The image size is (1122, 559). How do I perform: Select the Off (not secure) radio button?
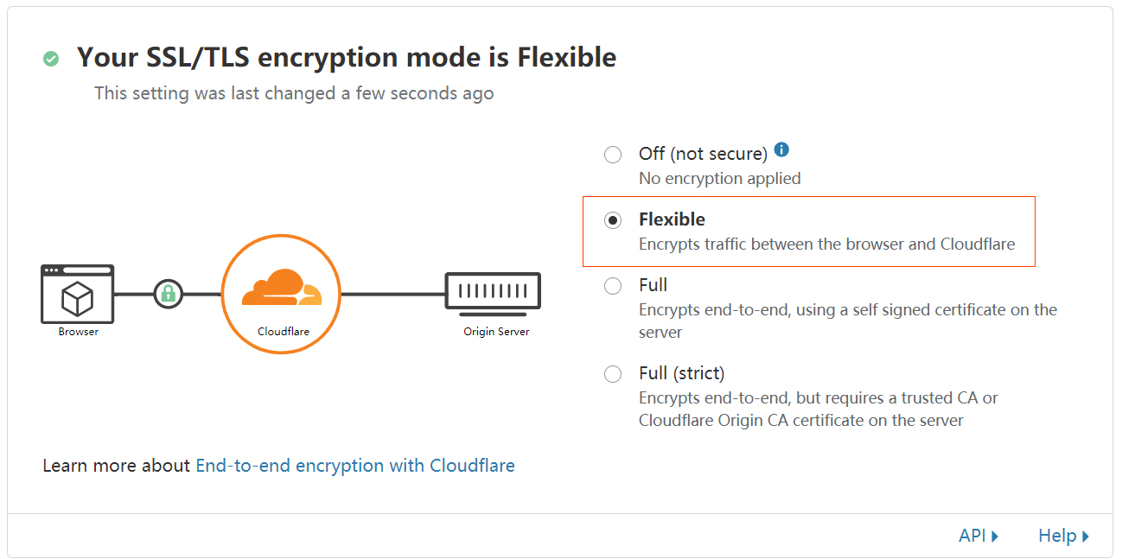click(x=613, y=155)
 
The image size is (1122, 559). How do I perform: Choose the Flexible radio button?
click(x=613, y=220)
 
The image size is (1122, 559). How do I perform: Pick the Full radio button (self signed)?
click(x=613, y=286)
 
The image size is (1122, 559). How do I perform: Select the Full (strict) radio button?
click(x=613, y=374)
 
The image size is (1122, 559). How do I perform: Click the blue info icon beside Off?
click(x=781, y=149)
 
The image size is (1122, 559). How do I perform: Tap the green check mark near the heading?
click(x=51, y=59)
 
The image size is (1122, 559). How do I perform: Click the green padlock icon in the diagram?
click(x=168, y=294)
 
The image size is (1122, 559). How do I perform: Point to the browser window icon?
click(x=78, y=294)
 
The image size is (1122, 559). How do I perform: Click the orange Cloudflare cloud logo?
click(x=281, y=289)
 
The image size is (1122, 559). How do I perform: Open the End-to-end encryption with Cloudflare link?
click(x=355, y=466)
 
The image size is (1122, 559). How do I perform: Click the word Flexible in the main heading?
click(x=566, y=58)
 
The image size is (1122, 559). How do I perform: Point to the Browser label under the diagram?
click(x=79, y=332)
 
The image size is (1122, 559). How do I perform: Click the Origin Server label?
click(x=496, y=332)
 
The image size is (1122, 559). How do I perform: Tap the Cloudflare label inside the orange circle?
click(x=284, y=332)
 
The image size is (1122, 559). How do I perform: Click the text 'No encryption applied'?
click(x=719, y=179)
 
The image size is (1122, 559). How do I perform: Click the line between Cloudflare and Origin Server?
click(x=393, y=294)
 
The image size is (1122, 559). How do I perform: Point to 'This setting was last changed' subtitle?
click(x=294, y=93)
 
